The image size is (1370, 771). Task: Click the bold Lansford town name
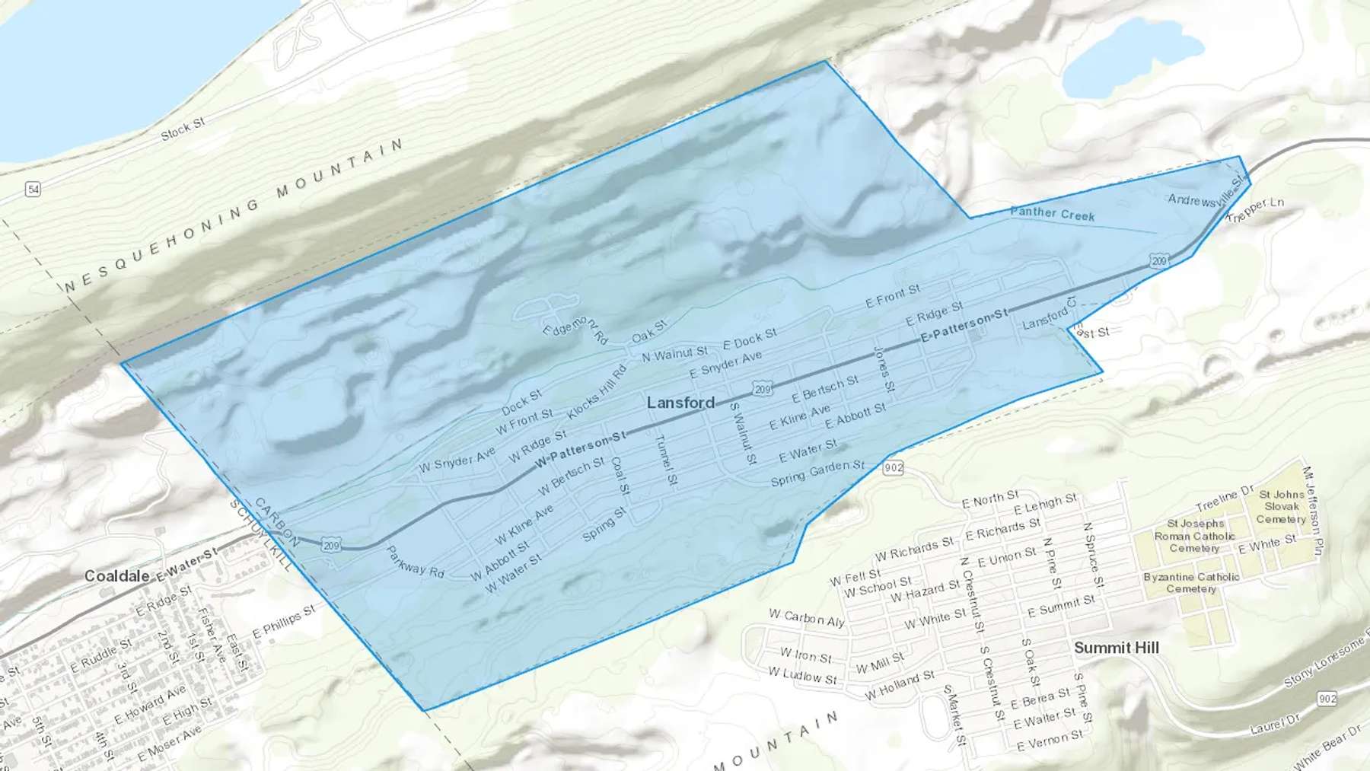tap(680, 403)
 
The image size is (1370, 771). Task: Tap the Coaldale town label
tap(116, 576)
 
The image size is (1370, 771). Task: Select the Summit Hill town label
tap(1116, 648)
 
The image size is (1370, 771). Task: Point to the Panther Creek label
tap(1052, 214)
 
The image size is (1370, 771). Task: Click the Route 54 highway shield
tap(32, 189)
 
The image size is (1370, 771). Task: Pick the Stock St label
tap(183, 129)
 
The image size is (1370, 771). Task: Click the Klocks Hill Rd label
tap(597, 391)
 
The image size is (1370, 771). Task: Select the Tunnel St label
tap(665, 460)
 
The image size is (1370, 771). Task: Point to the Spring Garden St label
tap(817, 473)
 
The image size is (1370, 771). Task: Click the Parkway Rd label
tap(415, 562)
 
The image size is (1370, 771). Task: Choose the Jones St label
tap(883, 369)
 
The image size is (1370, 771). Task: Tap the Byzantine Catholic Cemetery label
tap(1191, 582)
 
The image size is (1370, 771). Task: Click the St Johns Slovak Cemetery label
tap(1281, 506)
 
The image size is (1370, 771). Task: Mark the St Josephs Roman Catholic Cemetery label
tap(1194, 535)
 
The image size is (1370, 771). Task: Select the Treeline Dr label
tap(1224, 499)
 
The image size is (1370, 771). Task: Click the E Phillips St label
tap(283, 622)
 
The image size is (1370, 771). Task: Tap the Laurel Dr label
tap(1274, 724)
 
